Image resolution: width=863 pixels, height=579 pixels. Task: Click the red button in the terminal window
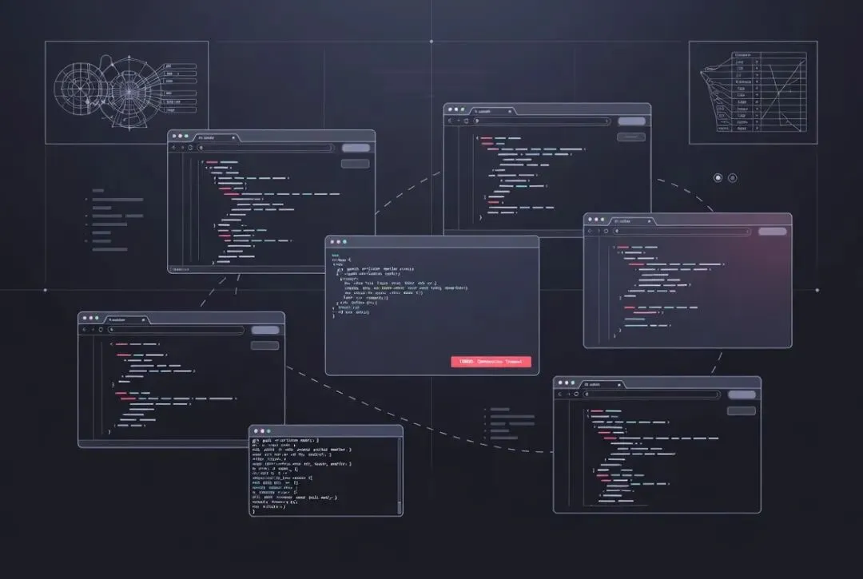pos(491,362)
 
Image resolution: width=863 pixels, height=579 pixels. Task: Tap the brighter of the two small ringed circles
pos(718,177)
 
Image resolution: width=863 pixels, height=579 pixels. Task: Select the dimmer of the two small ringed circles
pos(733,177)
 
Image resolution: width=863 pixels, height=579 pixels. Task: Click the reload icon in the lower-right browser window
pos(576,394)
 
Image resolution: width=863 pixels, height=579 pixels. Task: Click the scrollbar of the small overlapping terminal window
pos(400,474)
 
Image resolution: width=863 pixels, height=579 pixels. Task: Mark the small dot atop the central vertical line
pos(431,41)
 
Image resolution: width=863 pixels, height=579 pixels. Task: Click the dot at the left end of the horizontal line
pos(45,290)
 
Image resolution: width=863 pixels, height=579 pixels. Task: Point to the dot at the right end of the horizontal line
pos(817,290)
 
